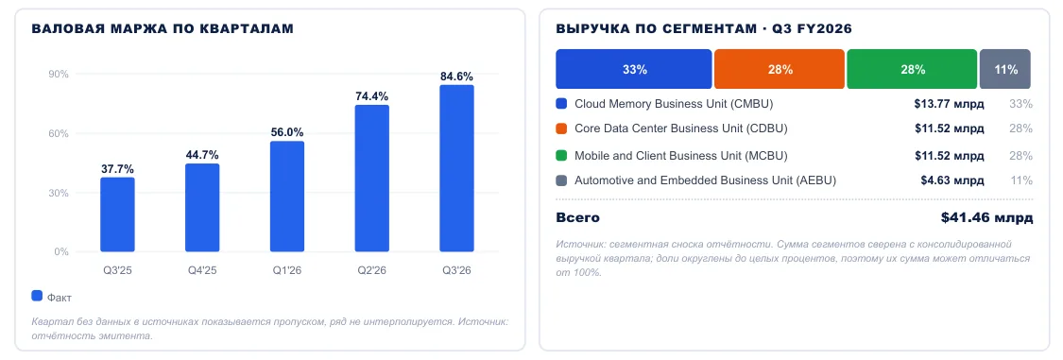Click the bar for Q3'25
[117, 214]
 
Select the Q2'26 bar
[372, 179]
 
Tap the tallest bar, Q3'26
[457, 168]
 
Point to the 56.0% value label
[287, 132]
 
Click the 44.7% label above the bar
[202, 155]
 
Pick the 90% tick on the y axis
[59, 75]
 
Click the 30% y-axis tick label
[59, 193]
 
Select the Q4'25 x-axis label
[202, 270]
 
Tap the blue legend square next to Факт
[37, 297]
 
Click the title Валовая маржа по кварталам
[163, 29]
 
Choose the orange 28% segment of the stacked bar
[779, 69]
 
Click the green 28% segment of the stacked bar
[912, 69]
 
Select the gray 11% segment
[1005, 69]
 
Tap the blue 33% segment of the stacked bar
[634, 69]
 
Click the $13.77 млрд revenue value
[949, 104]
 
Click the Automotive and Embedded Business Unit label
[705, 181]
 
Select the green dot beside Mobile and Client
[560, 156]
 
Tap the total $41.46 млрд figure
[987, 218]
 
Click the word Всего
[577, 218]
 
